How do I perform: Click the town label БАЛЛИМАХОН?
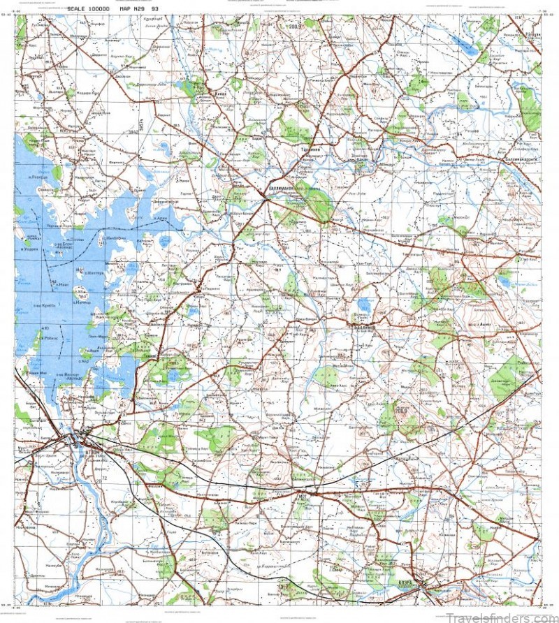click(x=286, y=188)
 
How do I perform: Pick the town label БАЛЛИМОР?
click(x=364, y=326)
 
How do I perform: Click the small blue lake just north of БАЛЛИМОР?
click(x=363, y=305)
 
